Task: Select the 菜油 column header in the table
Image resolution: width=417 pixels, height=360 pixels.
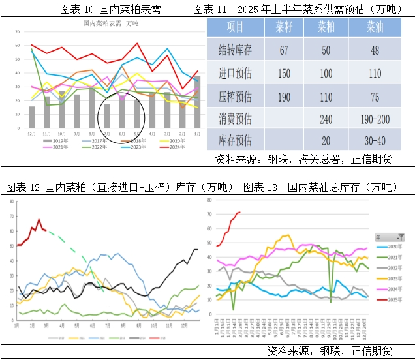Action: pos(375,27)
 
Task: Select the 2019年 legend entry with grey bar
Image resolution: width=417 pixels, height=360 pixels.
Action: pos(56,140)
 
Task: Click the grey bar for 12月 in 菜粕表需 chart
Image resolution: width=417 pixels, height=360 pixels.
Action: pos(31,117)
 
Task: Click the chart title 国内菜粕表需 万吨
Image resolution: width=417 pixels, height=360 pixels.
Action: pos(111,23)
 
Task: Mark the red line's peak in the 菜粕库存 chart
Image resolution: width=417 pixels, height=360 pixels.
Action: pos(39,220)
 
